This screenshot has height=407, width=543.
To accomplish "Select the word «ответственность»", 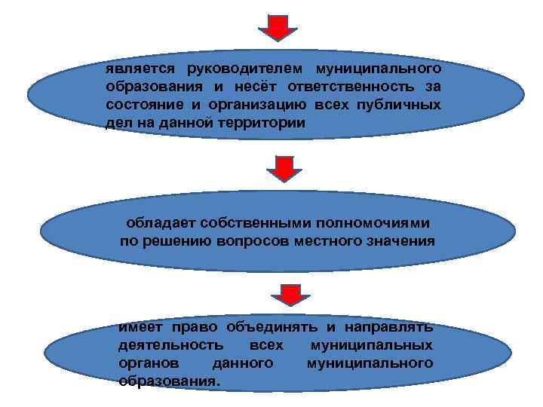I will pos(361,86).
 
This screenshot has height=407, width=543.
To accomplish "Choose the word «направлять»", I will pos(390,328).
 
